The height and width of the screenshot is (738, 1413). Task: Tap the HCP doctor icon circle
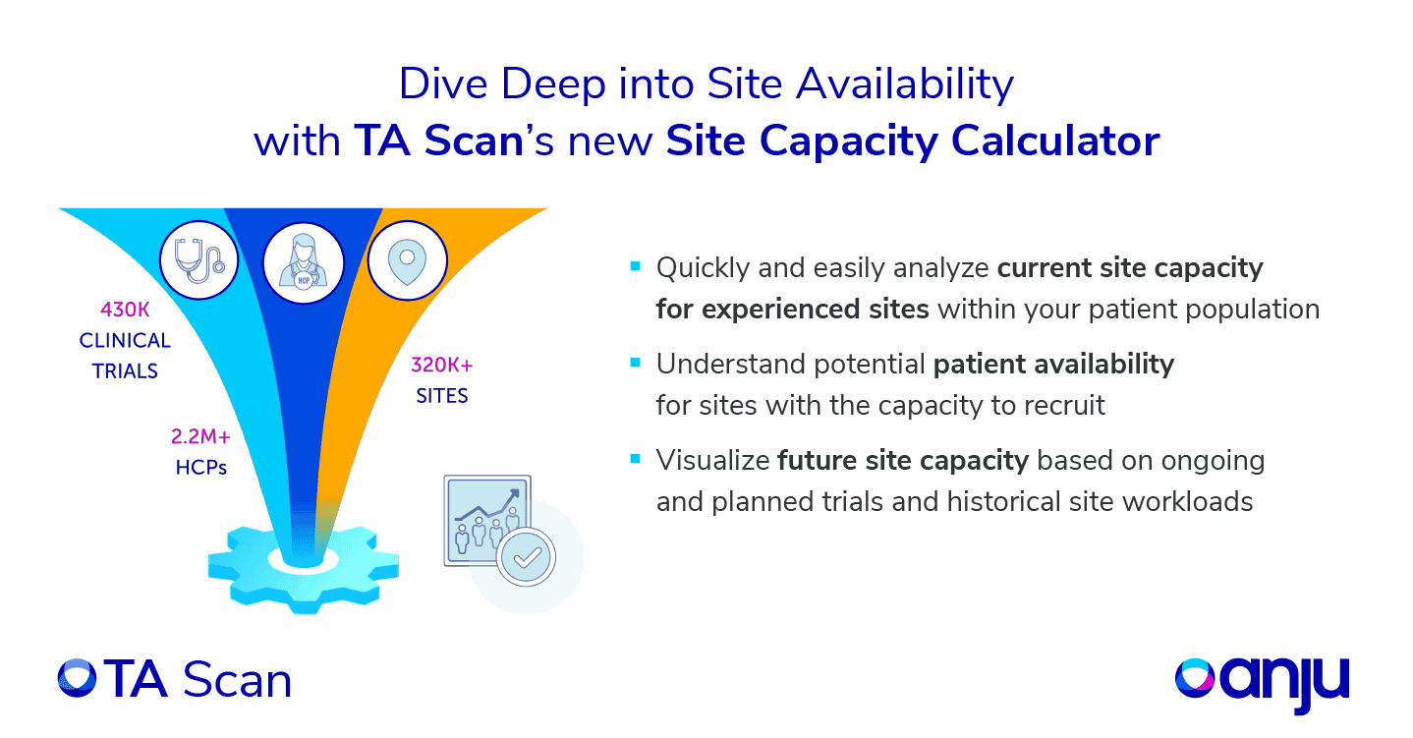point(304,262)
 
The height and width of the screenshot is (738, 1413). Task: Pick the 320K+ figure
point(442,367)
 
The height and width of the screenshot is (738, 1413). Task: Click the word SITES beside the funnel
point(442,397)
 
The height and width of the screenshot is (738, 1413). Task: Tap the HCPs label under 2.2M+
point(201,468)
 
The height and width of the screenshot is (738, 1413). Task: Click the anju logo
point(1263,678)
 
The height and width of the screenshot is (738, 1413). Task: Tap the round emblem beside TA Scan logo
point(77,679)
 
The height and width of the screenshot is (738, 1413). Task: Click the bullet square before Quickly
point(635,266)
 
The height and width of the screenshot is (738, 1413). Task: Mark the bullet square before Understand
point(635,363)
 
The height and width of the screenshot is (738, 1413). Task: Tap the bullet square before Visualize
point(635,459)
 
